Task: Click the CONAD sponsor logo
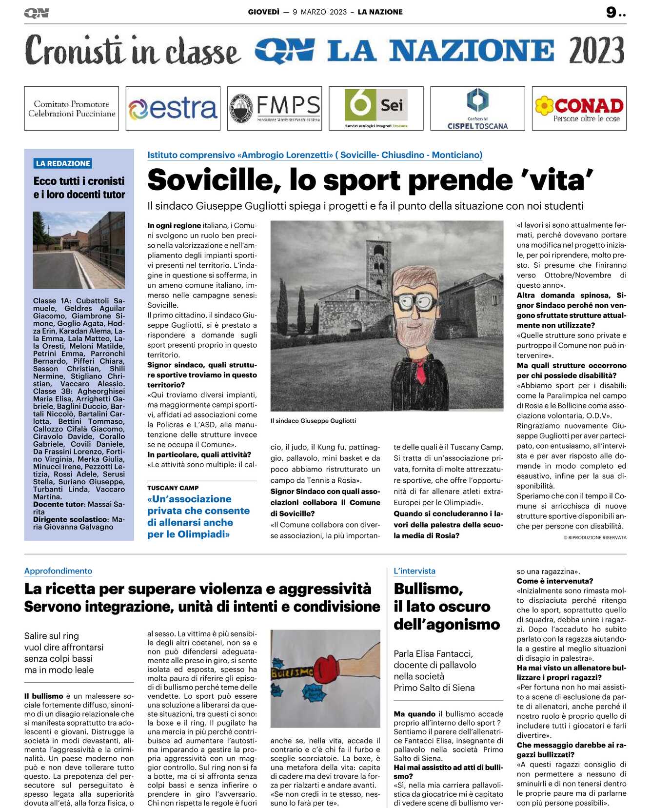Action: (579, 108)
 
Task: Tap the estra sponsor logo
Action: (173, 108)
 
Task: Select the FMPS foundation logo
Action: (275, 108)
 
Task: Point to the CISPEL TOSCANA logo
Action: (477, 108)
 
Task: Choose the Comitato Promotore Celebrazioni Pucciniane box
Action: (71, 108)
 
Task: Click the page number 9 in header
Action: (612, 12)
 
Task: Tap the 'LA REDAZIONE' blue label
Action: (63, 163)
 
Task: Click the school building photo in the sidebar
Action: (79, 250)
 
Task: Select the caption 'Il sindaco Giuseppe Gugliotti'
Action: (313, 421)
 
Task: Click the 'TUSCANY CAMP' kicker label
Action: (173, 488)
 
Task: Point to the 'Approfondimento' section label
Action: (58, 571)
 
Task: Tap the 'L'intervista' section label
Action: (414, 571)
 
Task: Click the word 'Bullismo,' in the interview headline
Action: (428, 589)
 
